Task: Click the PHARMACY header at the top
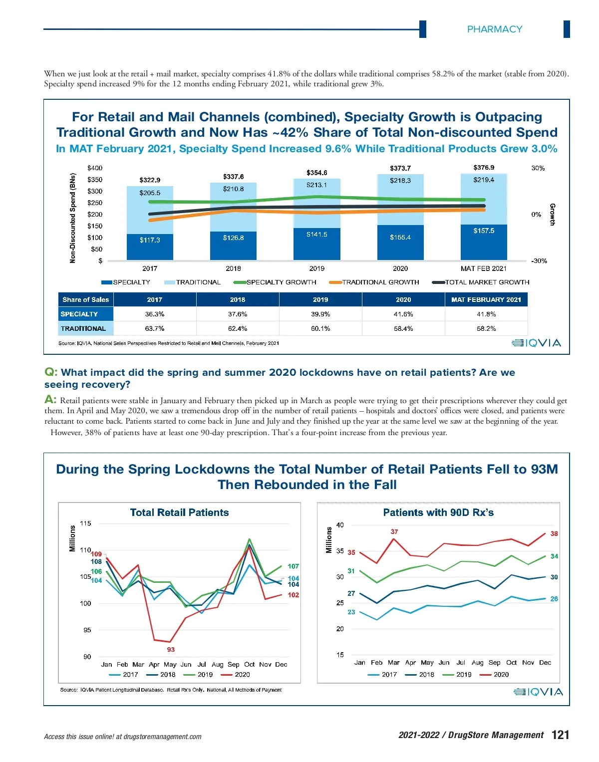click(x=494, y=29)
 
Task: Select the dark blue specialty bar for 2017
click(x=150, y=247)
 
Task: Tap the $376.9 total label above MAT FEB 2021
click(x=484, y=168)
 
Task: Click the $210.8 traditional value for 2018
click(x=233, y=189)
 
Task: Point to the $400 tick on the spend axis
click(x=95, y=168)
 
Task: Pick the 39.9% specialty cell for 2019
click(x=320, y=314)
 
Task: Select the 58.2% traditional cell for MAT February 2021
click(x=486, y=329)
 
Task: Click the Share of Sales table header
click(x=85, y=300)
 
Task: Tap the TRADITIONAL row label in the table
click(x=83, y=329)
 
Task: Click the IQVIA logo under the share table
click(x=537, y=343)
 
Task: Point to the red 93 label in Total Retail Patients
click(x=171, y=650)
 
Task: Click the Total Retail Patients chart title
click(x=179, y=512)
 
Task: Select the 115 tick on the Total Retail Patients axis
click(x=86, y=523)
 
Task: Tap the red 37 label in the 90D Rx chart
click(x=394, y=532)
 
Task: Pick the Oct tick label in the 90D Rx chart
click(x=511, y=663)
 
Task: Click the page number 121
click(x=560, y=735)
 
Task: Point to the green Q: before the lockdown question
click(x=51, y=372)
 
